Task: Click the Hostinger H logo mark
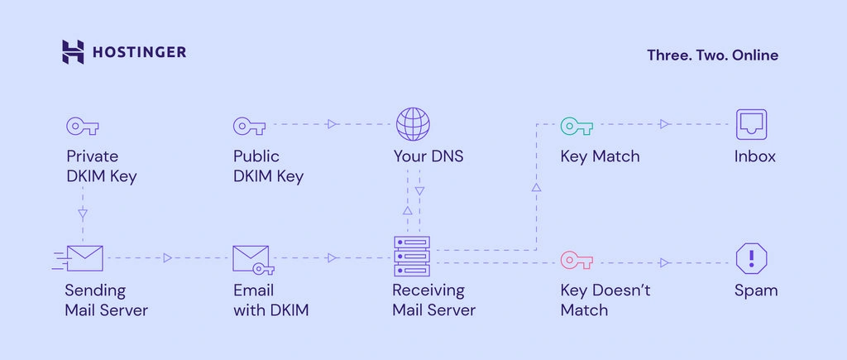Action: coord(73,52)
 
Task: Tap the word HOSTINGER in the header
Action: coord(139,52)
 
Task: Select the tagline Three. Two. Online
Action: coord(712,55)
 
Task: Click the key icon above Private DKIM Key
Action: coord(83,127)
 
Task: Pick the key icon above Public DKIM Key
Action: coord(250,127)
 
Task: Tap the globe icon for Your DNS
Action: coord(414,124)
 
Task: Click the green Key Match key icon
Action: coord(577,127)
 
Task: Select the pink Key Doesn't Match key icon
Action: coord(577,261)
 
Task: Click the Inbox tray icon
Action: coord(751,124)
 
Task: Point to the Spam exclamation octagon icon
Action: coord(751,258)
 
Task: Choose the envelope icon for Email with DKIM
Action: coord(253,260)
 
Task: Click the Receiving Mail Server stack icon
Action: coord(412,257)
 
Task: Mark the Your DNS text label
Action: coord(428,156)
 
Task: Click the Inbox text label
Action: coord(754,156)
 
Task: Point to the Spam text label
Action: coord(756,291)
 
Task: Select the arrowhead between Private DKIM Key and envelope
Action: coord(83,214)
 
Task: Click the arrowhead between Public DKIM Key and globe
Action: coord(333,124)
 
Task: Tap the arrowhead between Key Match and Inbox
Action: coord(665,124)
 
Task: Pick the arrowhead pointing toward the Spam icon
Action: coord(665,262)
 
